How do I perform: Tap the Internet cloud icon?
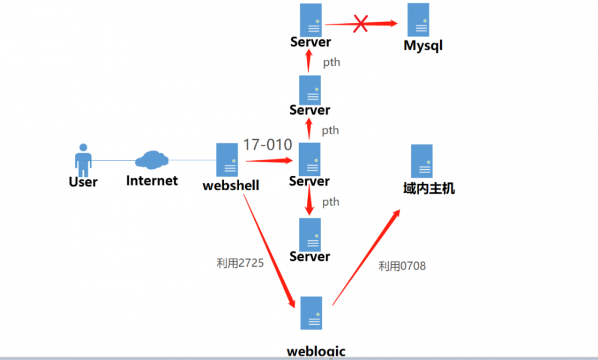coord(151,160)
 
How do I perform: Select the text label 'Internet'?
coord(152,181)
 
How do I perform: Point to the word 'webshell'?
coord(231,185)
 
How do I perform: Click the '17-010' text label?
coord(267,145)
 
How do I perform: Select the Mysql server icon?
coord(418,20)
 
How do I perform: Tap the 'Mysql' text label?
coord(423,46)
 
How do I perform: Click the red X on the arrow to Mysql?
coord(361,24)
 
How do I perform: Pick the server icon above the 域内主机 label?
coord(422,161)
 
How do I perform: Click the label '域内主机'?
coord(429,188)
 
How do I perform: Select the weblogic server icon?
coord(312,313)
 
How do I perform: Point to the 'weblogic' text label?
coord(316,351)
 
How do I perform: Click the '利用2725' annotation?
coord(240,263)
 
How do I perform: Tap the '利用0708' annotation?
coord(402,266)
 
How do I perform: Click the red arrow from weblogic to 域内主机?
coord(366,257)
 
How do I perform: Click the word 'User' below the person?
coord(83,182)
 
